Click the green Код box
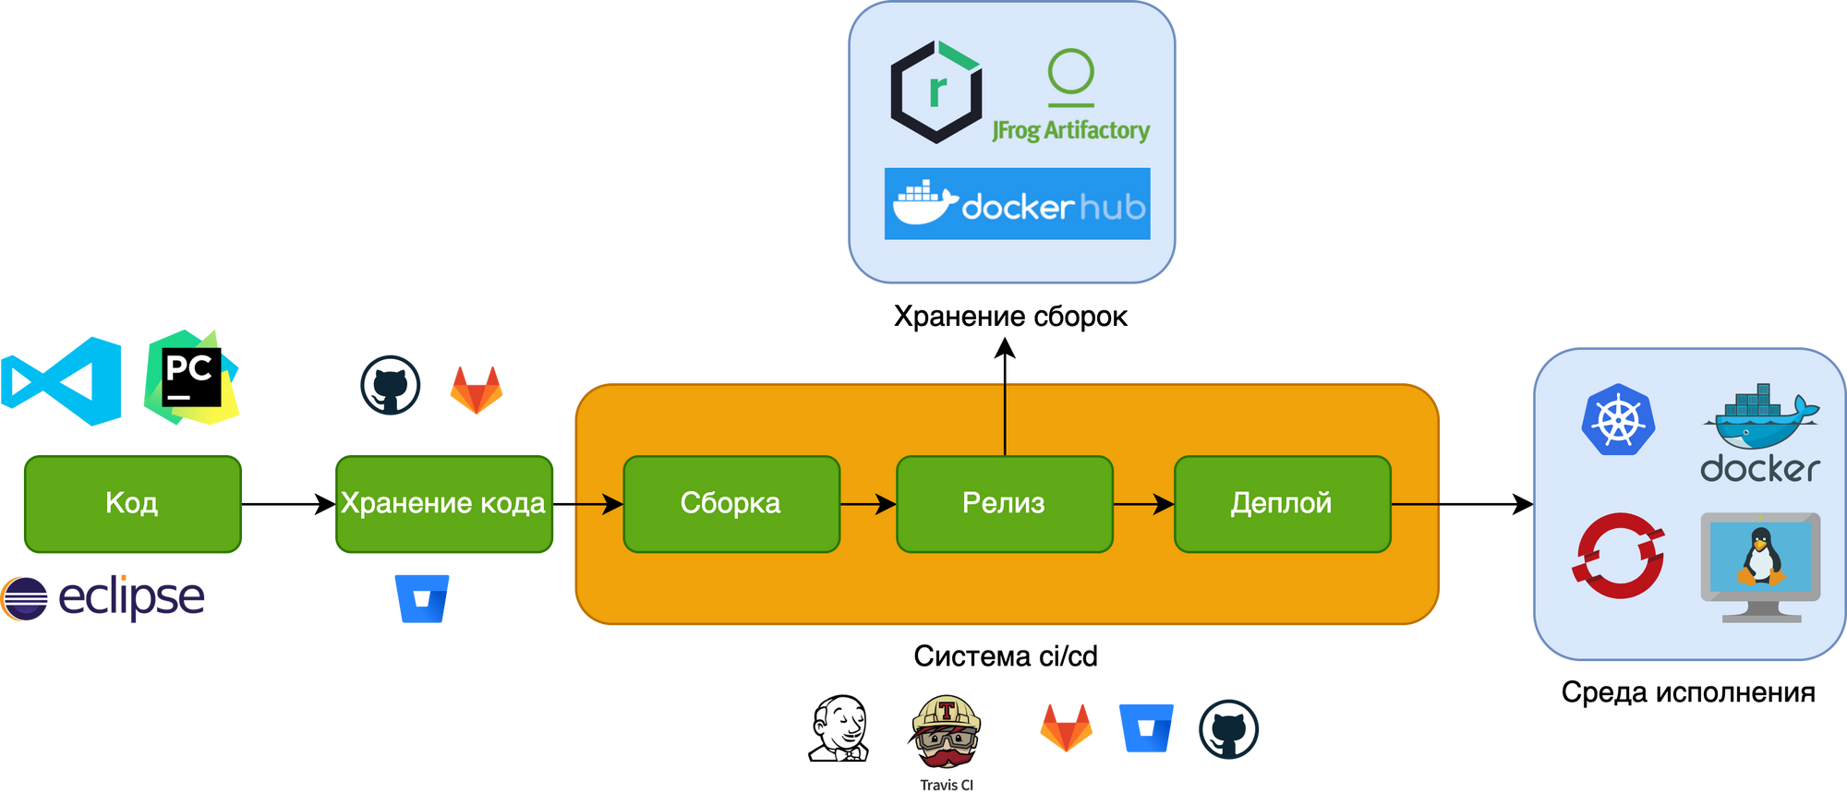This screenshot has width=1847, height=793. (132, 503)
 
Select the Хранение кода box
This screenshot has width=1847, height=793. (443, 503)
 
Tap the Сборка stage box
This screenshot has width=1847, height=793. (730, 503)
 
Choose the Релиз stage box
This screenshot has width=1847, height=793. (1004, 503)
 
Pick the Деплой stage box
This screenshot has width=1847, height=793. (1282, 503)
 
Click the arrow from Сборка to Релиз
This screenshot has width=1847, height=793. (868, 504)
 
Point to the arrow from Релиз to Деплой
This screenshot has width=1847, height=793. (1143, 504)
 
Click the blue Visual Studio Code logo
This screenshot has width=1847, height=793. (63, 381)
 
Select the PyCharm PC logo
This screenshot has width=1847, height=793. (191, 378)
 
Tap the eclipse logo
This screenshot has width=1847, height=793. (103, 597)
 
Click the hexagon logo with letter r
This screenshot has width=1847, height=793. (936, 91)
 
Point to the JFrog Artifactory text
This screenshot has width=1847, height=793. (1071, 130)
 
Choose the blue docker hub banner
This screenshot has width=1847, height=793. (1017, 204)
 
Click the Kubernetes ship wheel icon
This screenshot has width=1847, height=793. (1618, 420)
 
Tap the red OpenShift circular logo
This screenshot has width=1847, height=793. (1619, 556)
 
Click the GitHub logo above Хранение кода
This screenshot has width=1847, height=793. (391, 385)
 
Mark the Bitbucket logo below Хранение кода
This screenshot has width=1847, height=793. (422, 598)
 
